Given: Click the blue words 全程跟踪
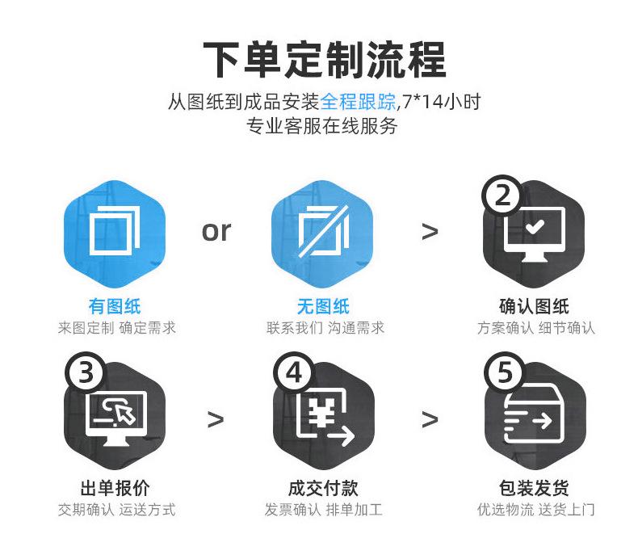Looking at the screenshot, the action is tap(358, 103).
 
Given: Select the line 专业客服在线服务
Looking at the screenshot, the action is tap(322, 126).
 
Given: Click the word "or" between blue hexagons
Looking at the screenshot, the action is tap(216, 231).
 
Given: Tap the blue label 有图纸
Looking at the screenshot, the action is tap(114, 306).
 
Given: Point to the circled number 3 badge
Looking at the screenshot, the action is tap(86, 373).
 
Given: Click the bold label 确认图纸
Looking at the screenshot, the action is tap(534, 306).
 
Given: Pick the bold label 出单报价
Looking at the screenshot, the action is tap(114, 488).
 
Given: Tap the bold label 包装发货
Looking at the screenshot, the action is tap(534, 488).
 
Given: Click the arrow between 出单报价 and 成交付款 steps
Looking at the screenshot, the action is tap(216, 419).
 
